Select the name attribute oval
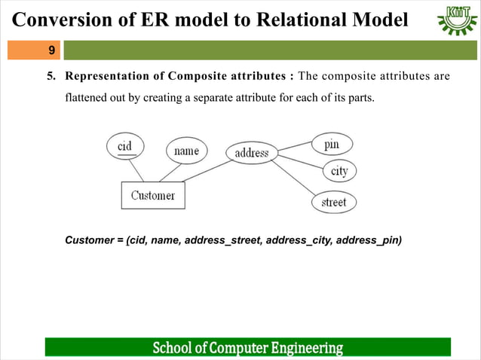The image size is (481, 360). (186, 151)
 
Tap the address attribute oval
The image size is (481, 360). (252, 153)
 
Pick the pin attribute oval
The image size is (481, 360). (331, 143)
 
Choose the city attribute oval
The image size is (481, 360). (339, 171)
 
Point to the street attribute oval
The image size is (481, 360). (334, 202)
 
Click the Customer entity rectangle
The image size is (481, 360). (153, 195)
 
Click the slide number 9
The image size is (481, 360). (51, 50)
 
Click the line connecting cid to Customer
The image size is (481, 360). (136, 170)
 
